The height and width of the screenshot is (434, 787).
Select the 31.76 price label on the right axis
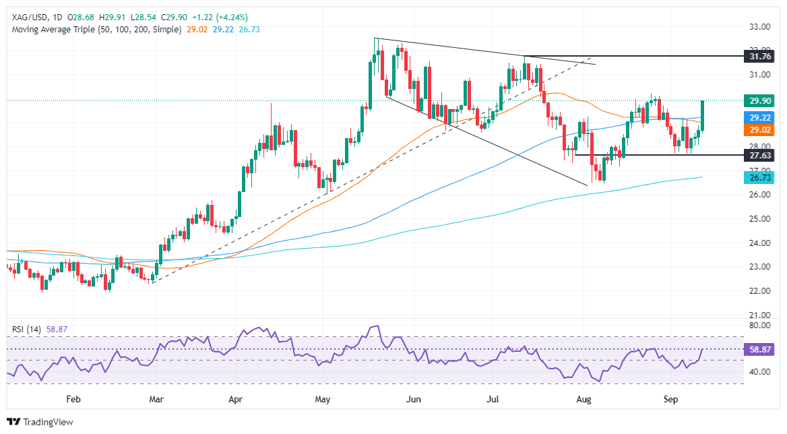[x=760, y=57]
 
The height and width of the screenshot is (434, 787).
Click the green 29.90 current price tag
[x=760, y=100]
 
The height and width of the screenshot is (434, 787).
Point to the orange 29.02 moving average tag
[x=760, y=129]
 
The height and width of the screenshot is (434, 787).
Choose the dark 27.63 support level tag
[x=760, y=155]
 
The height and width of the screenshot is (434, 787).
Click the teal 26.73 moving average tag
[x=760, y=177]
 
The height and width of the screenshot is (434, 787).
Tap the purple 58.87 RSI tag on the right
[x=760, y=350]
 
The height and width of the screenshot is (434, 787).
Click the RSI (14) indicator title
[x=25, y=330]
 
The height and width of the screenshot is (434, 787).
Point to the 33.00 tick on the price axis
[x=759, y=27]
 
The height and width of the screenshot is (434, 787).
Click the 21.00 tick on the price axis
[x=759, y=315]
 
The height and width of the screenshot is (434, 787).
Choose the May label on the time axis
[x=323, y=399]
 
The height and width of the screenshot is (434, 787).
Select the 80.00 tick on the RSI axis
[x=759, y=325]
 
